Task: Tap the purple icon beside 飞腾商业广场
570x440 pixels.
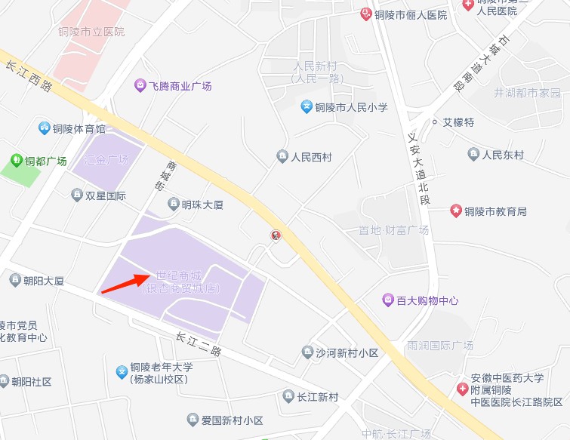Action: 140,85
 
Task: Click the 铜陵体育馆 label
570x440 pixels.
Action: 79,128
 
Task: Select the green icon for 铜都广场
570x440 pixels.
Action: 17,160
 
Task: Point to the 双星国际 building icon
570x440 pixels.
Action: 76,195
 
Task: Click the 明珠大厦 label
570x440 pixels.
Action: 202,204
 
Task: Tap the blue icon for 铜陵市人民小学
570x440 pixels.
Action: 307,106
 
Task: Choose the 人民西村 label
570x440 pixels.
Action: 311,157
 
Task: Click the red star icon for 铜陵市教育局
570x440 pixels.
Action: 456,211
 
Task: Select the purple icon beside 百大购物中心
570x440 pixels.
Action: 388,300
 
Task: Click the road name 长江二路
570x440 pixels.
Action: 199,345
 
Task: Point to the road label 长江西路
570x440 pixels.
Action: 29,75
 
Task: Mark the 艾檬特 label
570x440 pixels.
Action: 458,122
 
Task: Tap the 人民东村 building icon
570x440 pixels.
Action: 473,155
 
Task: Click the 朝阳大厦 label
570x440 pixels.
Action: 43,281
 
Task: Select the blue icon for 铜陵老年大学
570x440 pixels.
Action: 122,371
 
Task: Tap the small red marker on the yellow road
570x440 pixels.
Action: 276,235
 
